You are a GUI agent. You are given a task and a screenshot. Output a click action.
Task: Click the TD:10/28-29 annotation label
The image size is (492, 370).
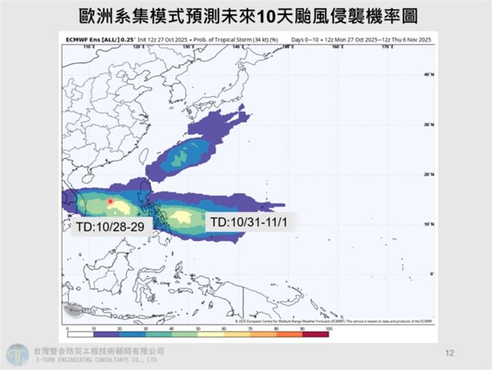tap(111, 226)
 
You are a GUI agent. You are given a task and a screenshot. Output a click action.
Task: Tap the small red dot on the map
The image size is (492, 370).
tap(109, 201)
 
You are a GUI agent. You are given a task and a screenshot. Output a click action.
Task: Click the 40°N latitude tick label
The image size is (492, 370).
tap(427, 74)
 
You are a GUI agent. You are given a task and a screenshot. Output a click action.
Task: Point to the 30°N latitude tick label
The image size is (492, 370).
tap(427, 124)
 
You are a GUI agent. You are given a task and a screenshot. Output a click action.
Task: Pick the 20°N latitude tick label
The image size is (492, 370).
tap(427, 174)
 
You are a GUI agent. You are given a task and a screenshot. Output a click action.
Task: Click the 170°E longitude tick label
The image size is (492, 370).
tap(387, 46)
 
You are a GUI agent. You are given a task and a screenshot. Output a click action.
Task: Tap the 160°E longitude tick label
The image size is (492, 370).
tap(336, 46)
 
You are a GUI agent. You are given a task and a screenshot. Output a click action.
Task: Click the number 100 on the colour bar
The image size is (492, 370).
tap(328, 330)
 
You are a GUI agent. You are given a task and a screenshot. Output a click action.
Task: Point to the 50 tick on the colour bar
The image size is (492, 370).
tap(198, 330)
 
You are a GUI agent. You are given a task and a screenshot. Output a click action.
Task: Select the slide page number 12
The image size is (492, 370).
tap(449, 353)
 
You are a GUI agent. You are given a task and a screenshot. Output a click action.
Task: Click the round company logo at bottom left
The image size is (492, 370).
tap(17, 355)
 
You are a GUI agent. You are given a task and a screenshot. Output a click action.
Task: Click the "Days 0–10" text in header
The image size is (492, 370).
tap(305, 39)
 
